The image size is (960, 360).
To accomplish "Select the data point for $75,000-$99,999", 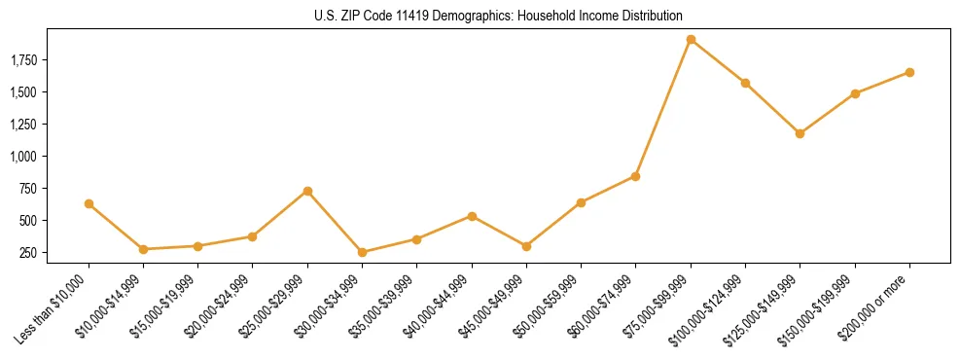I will [x=691, y=40].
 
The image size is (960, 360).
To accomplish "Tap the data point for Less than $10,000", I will [x=89, y=203].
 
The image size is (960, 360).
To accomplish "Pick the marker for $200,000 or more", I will [x=909, y=72].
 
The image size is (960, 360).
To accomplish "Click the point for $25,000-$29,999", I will [x=307, y=191].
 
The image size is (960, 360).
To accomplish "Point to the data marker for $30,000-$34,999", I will [x=362, y=252].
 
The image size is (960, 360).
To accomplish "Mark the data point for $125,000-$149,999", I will [x=800, y=133].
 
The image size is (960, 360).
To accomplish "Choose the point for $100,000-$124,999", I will [x=745, y=83].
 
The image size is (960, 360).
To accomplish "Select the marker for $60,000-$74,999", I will [x=635, y=176].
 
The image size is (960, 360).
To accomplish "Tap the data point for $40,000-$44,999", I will [x=472, y=216].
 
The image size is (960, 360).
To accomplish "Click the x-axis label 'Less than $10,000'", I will [x=56, y=308].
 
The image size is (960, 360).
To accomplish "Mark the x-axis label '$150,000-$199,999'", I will [x=820, y=309].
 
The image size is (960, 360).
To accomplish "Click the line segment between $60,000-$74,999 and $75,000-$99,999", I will [x=663, y=108].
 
